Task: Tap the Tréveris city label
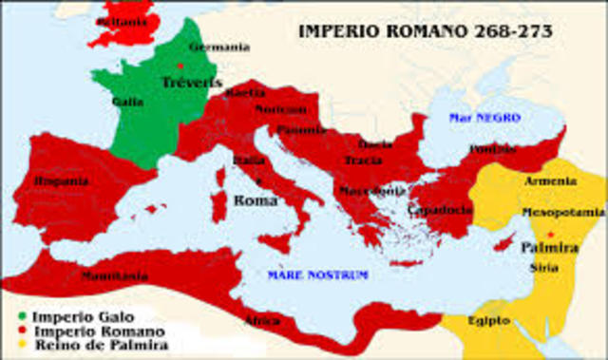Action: [192, 83]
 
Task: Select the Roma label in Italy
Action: [256, 200]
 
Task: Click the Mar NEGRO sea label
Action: [484, 117]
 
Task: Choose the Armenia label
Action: [550, 181]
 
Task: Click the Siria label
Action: [545, 269]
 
